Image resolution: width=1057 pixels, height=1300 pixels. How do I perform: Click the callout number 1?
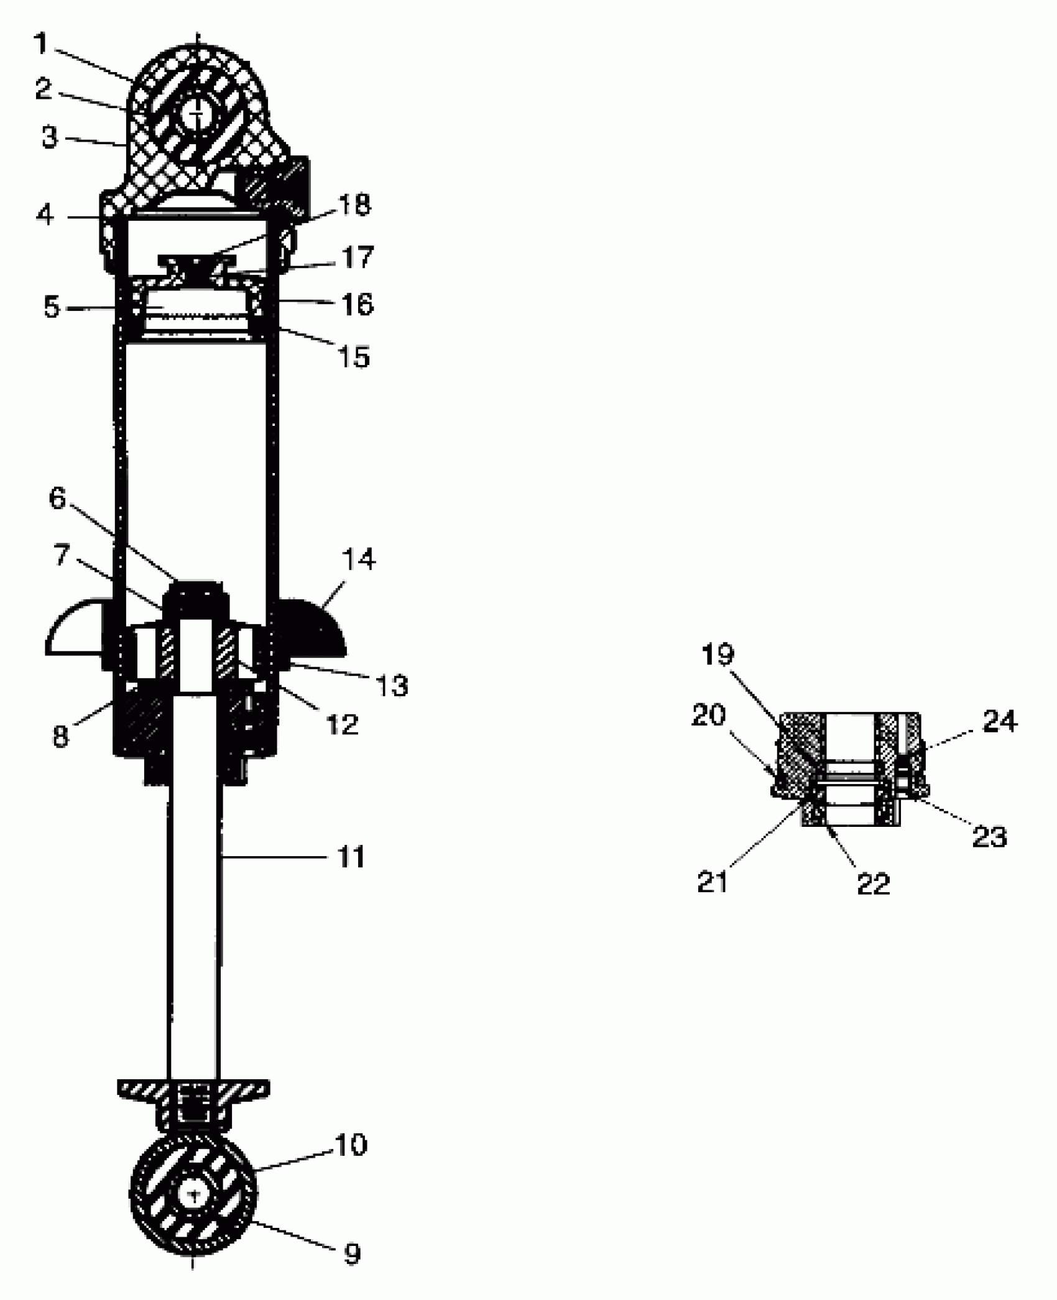[40, 44]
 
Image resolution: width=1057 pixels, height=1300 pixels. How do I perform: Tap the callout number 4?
[45, 215]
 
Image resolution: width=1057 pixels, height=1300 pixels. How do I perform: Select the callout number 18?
[353, 205]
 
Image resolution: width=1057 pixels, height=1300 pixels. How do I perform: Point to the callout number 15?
[354, 357]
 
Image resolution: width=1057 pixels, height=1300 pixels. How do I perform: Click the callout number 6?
[57, 499]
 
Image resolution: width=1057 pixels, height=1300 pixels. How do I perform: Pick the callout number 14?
[359, 560]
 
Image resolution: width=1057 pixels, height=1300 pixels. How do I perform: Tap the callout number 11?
[351, 857]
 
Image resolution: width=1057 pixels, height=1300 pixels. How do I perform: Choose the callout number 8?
[60, 737]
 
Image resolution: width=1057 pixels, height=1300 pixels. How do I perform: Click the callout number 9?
[352, 1254]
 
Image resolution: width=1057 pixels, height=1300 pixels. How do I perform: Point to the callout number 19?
[718, 654]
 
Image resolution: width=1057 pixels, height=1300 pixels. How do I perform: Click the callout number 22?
[874, 883]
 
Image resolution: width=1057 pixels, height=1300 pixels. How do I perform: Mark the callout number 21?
[713, 882]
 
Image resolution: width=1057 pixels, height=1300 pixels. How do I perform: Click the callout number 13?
[392, 686]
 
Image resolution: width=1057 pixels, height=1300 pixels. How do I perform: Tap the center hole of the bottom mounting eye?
[193, 1194]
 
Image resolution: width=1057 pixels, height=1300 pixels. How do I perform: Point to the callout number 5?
[51, 307]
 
